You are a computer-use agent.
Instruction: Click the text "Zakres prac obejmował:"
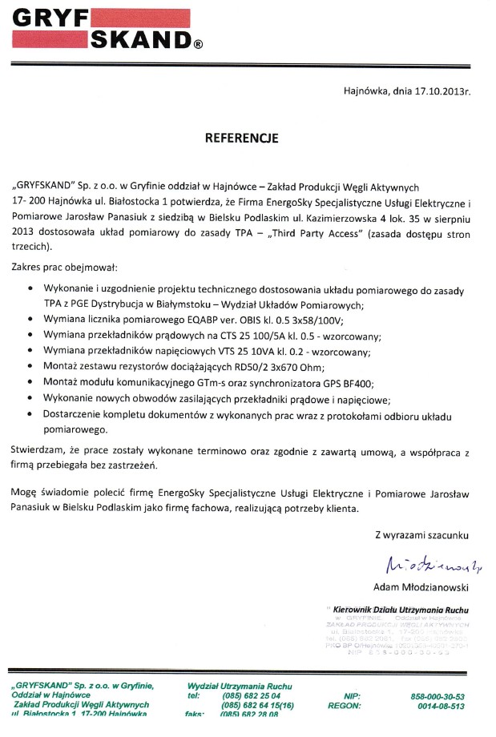click(65, 265)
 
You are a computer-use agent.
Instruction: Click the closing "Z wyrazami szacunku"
click(421, 534)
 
